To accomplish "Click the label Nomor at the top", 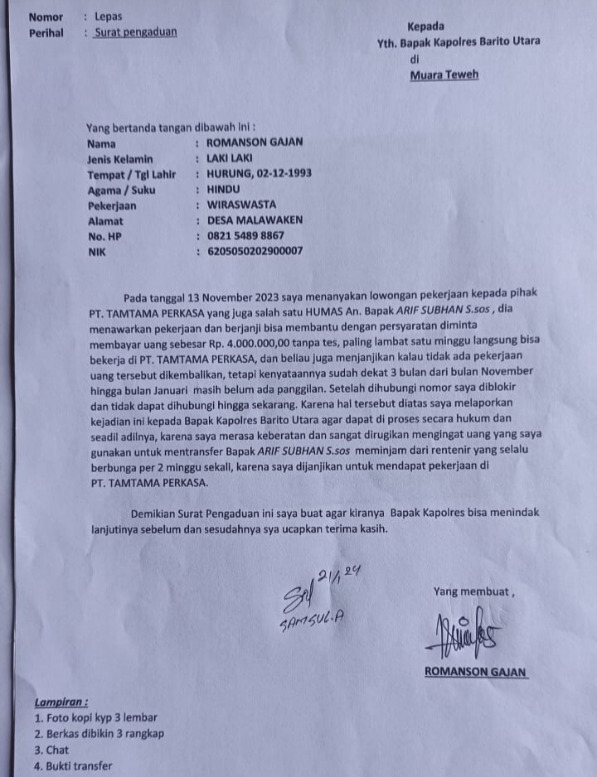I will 45,17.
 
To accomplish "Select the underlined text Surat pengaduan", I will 135,33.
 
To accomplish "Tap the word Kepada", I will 425,27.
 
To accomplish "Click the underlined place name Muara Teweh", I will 444,75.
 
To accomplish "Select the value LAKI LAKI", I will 230,157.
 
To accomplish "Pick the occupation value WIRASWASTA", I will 241,205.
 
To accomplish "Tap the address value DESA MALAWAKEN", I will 255,220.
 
